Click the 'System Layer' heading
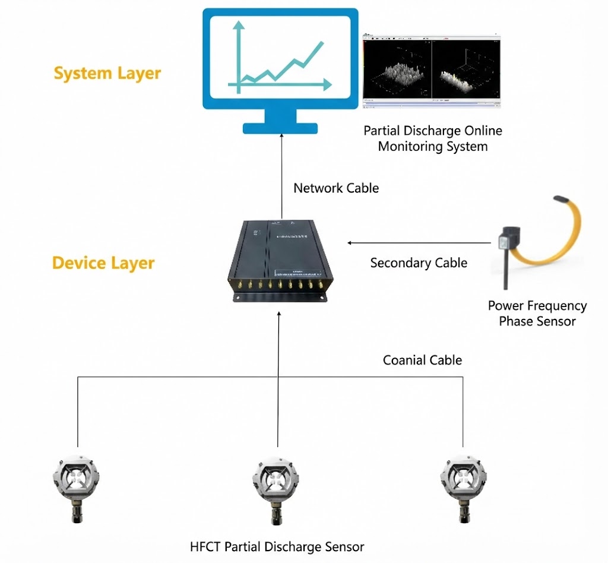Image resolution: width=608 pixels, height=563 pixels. (107, 74)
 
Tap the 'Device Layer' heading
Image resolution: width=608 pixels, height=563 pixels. (103, 263)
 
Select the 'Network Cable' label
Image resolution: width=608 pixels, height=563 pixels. (336, 188)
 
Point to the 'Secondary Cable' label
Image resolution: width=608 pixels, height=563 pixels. (419, 262)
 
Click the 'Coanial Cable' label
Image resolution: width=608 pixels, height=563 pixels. (422, 360)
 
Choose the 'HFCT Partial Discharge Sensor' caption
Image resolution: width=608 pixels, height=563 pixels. (277, 546)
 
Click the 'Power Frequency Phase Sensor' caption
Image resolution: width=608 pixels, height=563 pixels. (537, 314)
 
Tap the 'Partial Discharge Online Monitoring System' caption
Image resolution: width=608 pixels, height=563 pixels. (432, 138)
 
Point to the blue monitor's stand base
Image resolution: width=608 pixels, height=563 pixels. (281, 128)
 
